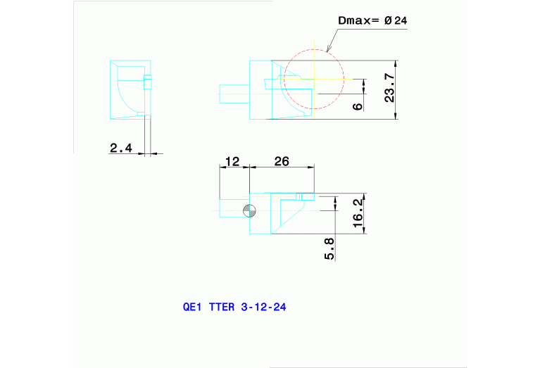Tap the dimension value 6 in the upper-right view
[357, 106]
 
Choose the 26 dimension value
[282, 161]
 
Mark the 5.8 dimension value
[329, 248]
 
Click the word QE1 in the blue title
[192, 307]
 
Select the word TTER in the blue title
[221, 307]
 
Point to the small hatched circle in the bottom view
[249, 210]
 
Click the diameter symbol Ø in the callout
[387, 21]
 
